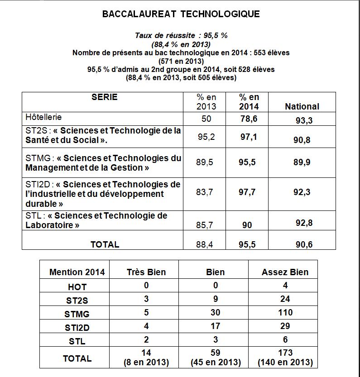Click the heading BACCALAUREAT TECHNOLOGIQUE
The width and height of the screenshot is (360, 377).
tap(181, 14)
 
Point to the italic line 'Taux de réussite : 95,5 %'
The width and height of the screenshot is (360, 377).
tap(181, 35)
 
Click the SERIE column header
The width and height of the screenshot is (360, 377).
tap(104, 97)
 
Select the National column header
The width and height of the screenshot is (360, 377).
tap(302, 106)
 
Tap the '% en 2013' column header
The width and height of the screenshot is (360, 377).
tap(206, 102)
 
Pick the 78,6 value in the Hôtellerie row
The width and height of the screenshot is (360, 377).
tap(249, 119)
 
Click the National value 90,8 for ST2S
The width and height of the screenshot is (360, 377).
tap(302, 140)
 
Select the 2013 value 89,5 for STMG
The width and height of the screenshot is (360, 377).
tap(205, 162)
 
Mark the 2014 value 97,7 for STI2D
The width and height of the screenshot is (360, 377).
tap(247, 192)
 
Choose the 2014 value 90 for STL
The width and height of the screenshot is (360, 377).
tap(247, 225)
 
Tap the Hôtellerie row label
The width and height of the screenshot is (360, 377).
tap(44, 117)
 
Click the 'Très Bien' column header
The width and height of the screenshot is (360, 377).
tap(146, 272)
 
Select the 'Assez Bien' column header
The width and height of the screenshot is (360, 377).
tap(285, 272)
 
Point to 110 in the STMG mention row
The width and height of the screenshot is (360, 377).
tap(285, 312)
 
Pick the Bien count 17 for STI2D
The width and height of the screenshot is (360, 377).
tap(215, 326)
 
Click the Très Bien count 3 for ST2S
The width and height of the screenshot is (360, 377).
tap(146, 299)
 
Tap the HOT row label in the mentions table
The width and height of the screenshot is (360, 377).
tap(77, 287)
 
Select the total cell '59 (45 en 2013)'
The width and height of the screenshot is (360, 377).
tap(215, 357)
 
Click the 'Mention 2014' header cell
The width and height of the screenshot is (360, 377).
tap(77, 272)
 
